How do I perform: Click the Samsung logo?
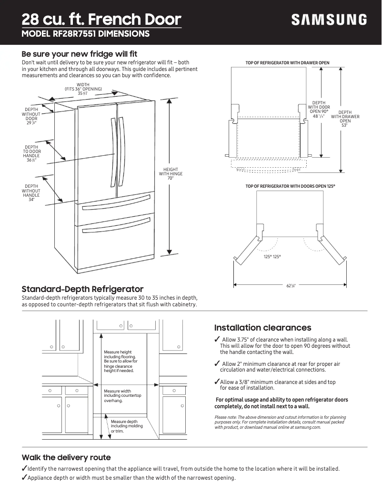[329, 20]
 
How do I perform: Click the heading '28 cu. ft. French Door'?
[101, 20]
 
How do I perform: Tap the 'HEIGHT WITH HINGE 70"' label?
[170, 174]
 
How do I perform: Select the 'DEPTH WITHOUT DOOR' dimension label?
[31, 116]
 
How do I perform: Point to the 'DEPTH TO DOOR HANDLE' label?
[32, 154]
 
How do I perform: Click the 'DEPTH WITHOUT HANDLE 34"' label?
[31, 192]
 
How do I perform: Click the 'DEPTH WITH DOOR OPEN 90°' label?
[319, 109]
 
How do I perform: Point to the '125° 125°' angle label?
[272, 257]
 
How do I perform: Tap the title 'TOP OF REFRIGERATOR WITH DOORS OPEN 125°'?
[287, 185]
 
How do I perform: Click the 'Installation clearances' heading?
[262, 328]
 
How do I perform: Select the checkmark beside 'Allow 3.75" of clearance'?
[217, 339]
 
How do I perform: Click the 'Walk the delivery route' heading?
[66, 457]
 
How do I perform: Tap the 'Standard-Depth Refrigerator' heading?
[82, 289]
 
